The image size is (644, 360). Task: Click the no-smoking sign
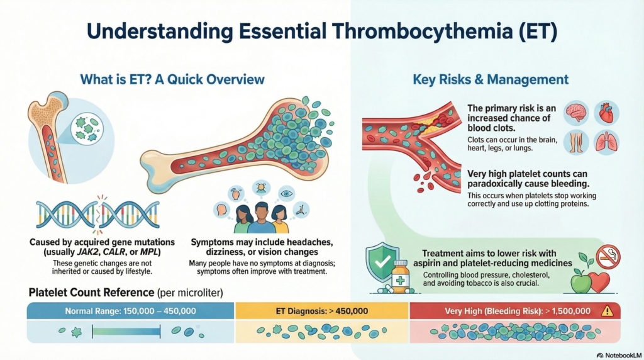608,257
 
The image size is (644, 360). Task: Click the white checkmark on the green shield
382,260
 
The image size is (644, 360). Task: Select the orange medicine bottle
401,277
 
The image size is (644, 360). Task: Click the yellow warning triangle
606,310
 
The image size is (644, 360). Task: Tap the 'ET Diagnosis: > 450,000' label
321,311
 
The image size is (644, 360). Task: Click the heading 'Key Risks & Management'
491,80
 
